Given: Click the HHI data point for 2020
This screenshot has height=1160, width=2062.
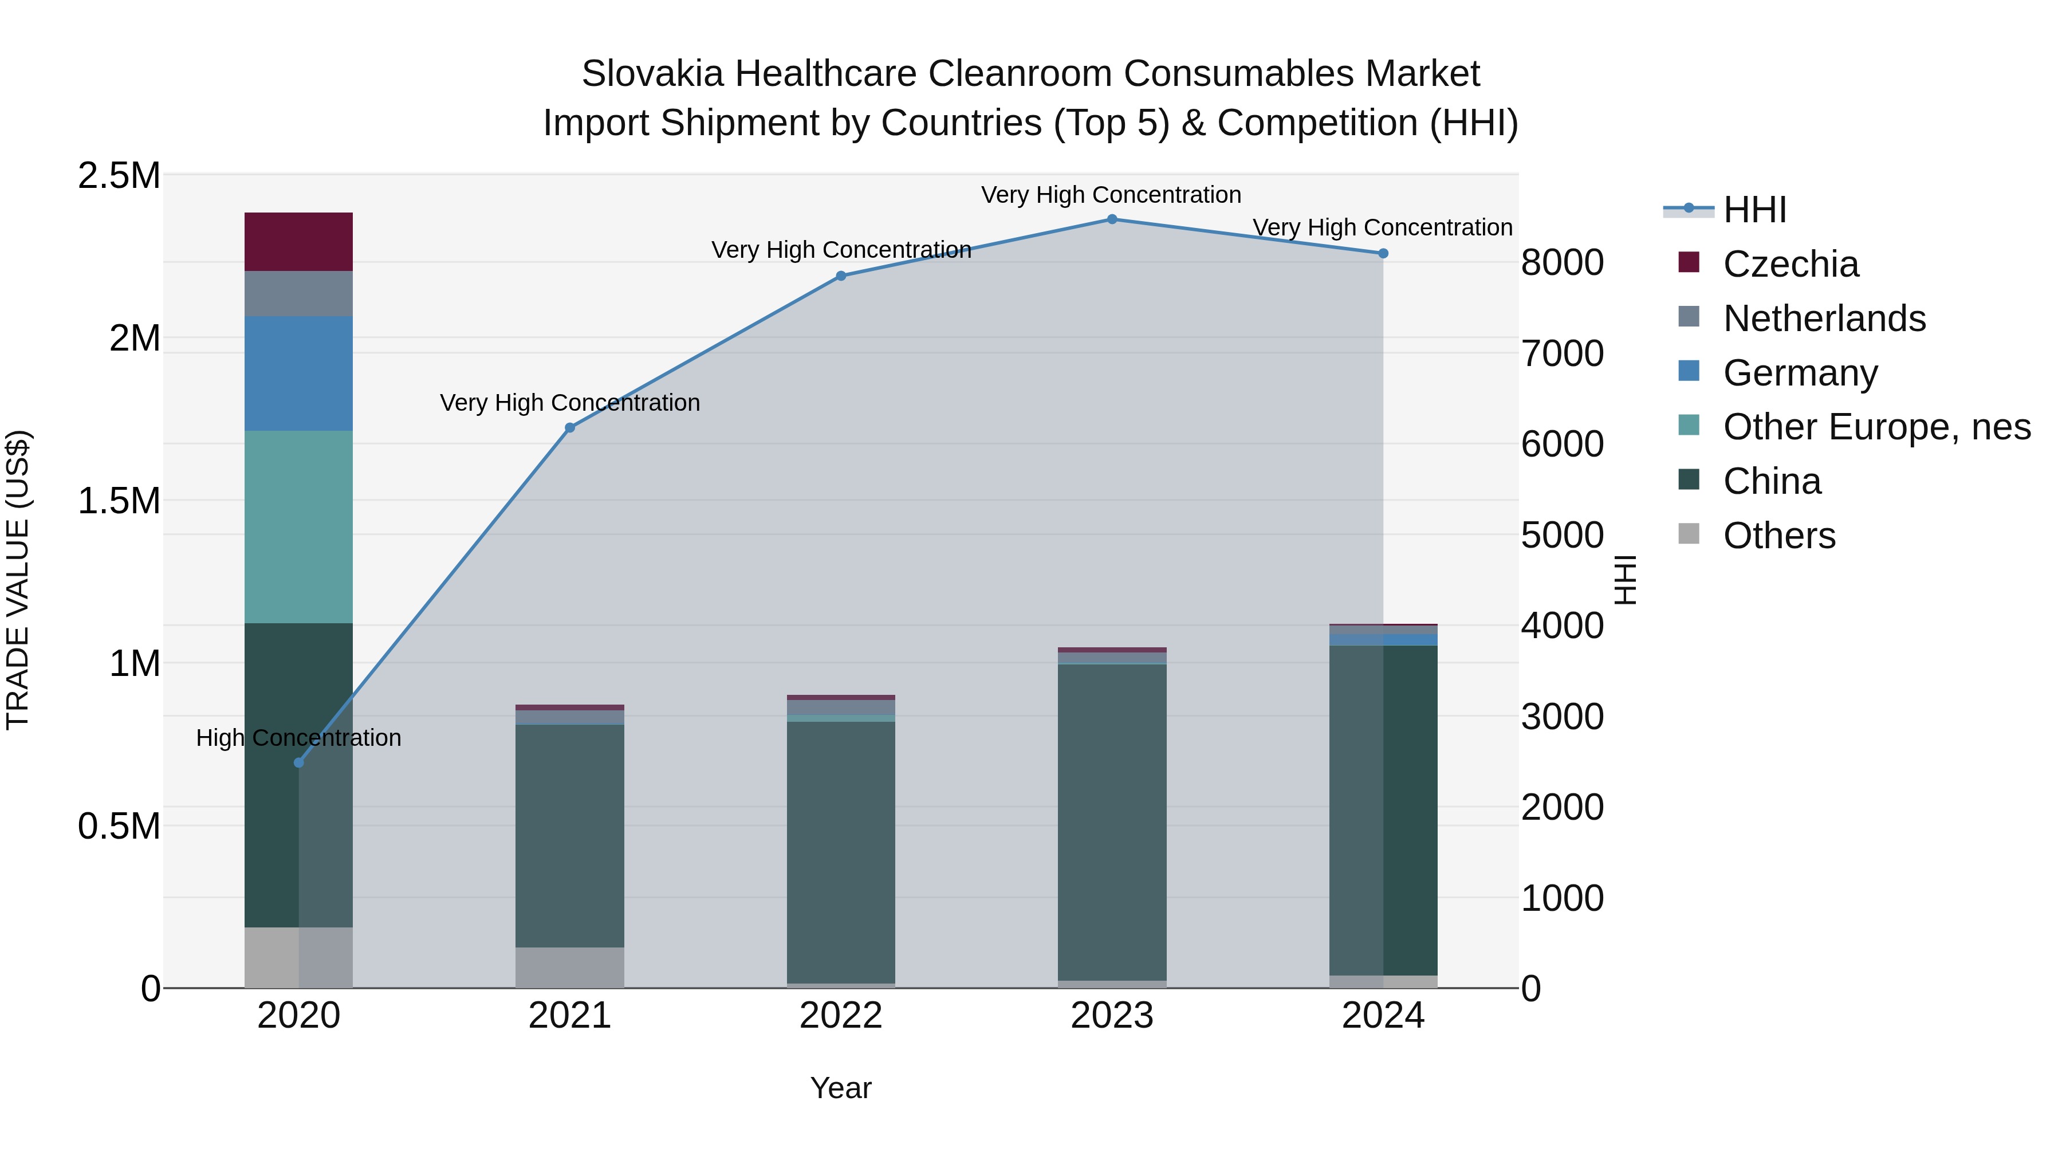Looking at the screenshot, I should point(298,762).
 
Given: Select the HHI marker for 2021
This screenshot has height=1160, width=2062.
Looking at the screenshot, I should point(570,427).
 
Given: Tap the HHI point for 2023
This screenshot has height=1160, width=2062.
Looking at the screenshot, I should point(1112,219).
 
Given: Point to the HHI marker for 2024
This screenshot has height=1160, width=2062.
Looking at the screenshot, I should point(1383,253).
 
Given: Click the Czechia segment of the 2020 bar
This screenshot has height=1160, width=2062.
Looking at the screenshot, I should point(298,242).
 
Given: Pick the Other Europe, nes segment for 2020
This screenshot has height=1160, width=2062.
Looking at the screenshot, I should point(298,527).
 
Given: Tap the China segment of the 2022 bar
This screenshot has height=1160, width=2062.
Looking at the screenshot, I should point(840,852).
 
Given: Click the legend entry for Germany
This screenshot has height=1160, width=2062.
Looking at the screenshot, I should point(1800,373).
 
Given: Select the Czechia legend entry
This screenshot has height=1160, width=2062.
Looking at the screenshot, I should point(1791,264).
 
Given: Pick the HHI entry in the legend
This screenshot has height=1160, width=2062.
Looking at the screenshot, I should point(1754,210).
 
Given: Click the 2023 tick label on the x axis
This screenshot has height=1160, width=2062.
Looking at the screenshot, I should point(1112,1016).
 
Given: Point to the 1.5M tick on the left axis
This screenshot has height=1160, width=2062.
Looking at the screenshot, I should point(119,501).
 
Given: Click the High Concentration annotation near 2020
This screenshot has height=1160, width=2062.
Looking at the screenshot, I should point(298,737).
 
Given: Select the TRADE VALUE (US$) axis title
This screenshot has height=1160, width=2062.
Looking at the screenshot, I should point(18,580).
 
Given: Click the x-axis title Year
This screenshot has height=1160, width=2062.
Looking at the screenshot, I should point(840,1088).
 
